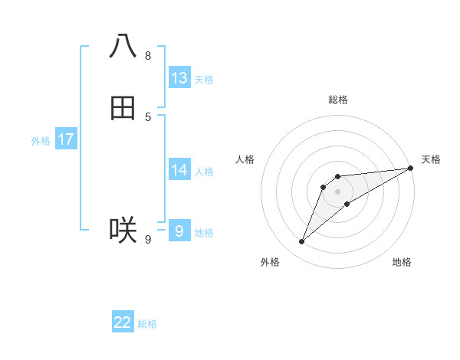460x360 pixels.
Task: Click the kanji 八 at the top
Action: click(123, 46)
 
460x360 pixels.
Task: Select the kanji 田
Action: click(123, 109)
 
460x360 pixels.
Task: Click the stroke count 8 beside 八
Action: click(148, 55)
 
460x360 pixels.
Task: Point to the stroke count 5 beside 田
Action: click(148, 116)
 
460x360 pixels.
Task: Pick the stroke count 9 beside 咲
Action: click(148, 240)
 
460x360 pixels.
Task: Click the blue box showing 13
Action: click(179, 78)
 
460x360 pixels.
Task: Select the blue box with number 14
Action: click(179, 170)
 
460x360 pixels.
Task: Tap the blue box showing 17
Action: click(66, 139)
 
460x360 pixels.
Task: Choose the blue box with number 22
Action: click(123, 322)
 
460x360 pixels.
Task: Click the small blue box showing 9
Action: click(179, 231)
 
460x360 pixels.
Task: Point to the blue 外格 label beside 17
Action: click(41, 141)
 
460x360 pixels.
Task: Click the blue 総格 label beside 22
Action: click(147, 324)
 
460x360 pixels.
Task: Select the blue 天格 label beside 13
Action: click(204, 80)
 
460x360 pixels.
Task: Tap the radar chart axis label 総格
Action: click(338, 100)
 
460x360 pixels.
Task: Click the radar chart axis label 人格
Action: click(245, 159)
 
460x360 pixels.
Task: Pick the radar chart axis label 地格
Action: click(402, 263)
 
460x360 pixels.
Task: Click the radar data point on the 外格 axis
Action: click(301, 242)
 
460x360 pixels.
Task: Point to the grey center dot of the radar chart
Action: click(337, 191)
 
